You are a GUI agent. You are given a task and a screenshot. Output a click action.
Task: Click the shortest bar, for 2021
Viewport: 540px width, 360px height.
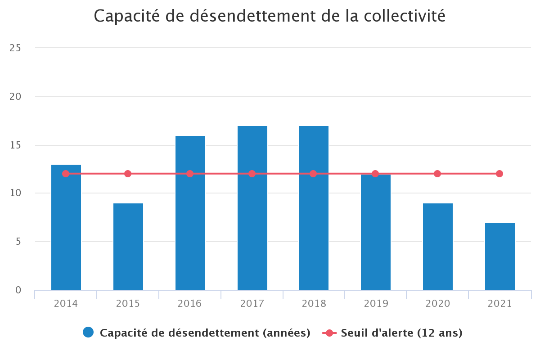coord(500,256)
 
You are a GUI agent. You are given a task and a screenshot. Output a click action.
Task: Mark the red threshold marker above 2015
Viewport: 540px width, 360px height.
coord(128,174)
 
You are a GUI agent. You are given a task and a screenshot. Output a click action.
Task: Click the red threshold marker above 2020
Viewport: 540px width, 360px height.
coord(437,174)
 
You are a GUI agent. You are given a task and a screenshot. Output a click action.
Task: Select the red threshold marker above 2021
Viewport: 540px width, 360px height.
coord(499,174)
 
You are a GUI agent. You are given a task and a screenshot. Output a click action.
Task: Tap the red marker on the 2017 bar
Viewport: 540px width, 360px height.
coord(252,174)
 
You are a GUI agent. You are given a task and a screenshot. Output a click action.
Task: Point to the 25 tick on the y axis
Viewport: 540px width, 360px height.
coord(15,48)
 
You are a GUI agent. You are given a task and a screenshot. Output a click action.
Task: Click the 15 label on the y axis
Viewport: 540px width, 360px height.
coord(15,145)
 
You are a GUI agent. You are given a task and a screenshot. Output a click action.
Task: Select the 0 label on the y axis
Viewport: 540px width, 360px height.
coord(18,290)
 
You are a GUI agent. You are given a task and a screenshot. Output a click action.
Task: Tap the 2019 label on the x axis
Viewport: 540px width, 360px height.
coord(376,304)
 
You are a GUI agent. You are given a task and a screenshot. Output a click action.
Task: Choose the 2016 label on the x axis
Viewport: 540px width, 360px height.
coord(190,304)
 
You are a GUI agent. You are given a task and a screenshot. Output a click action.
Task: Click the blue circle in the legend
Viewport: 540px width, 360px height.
coord(88,333)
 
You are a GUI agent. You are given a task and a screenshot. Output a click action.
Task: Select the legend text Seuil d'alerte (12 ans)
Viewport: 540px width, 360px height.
coord(401,333)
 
